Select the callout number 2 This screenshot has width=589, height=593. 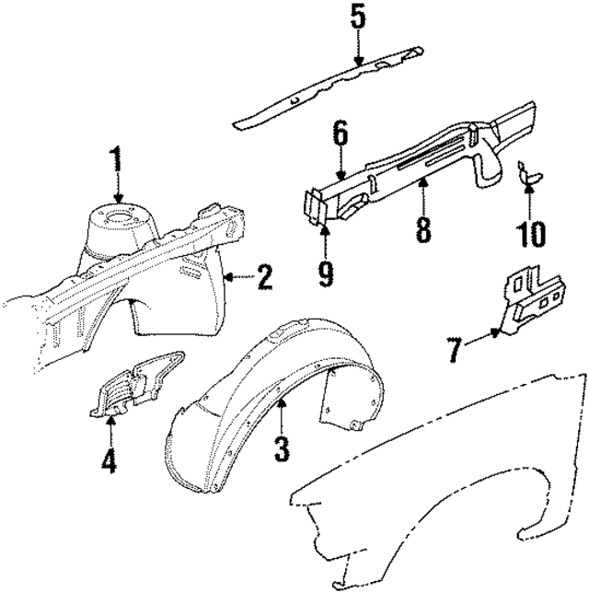(x=264, y=276)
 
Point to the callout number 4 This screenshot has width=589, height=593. (x=110, y=459)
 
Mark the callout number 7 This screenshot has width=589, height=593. (x=453, y=349)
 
